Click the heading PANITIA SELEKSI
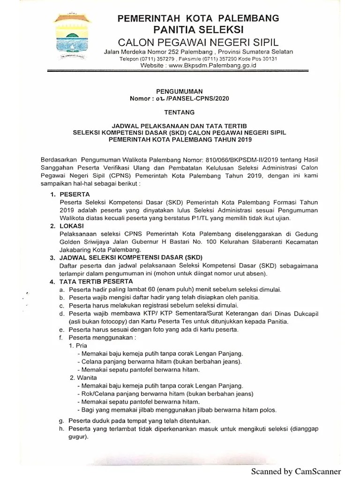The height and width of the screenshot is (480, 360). pyautogui.click(x=198, y=30)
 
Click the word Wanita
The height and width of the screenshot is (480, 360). pyautogui.click(x=86, y=377)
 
